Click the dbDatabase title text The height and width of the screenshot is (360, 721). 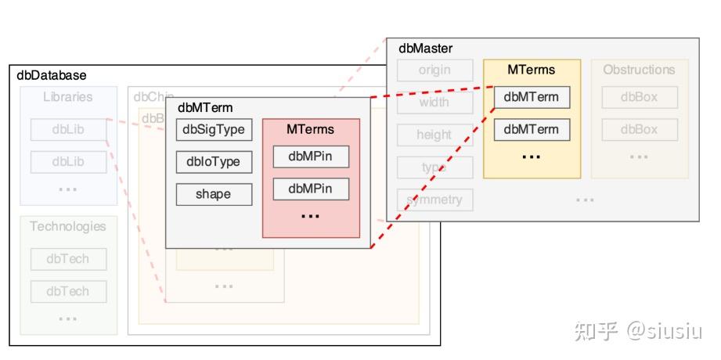click(52, 75)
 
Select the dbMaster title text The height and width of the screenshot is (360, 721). click(425, 49)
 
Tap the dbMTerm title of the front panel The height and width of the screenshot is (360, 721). click(205, 108)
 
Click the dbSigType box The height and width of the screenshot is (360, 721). click(214, 129)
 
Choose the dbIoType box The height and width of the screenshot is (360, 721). click(214, 162)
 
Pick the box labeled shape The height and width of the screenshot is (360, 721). click(214, 194)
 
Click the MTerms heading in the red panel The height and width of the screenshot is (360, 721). click(310, 129)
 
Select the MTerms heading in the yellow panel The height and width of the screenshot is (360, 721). click(531, 70)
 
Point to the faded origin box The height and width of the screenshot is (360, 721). click(434, 70)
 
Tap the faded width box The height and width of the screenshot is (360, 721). click(434, 103)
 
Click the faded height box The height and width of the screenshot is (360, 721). click(434, 135)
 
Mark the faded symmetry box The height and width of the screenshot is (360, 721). click(434, 200)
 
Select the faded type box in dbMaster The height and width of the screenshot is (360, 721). click(434, 167)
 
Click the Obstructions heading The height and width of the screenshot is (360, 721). click(639, 70)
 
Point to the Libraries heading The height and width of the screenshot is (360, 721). click(68, 97)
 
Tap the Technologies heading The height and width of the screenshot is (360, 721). click(68, 226)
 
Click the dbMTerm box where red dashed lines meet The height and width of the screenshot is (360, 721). click(531, 98)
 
